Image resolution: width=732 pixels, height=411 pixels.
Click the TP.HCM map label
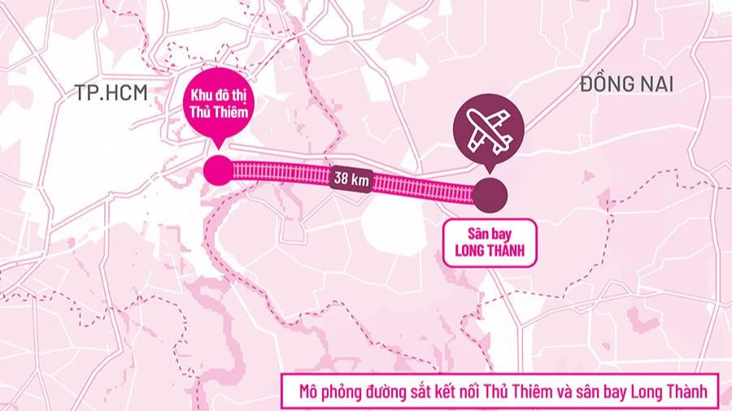pyautogui.click(x=111, y=93)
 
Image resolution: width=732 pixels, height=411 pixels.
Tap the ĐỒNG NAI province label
pyautogui.click(x=627, y=84)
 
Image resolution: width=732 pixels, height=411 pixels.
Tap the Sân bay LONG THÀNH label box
pyautogui.click(x=490, y=242)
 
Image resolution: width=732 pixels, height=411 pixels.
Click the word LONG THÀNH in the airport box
pyautogui.click(x=490, y=251)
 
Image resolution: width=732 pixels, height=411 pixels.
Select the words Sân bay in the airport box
pyautogui.click(x=490, y=233)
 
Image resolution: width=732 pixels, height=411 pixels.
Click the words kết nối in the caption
pyautogui.click(x=484, y=392)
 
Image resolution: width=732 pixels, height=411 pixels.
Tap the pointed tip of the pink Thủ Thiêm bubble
pyautogui.click(x=217, y=147)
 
